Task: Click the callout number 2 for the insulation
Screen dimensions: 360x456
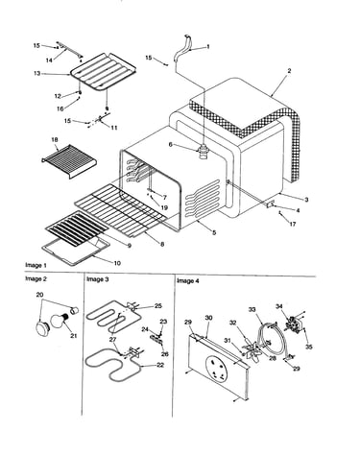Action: (x=289, y=71)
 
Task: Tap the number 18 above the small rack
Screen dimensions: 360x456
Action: (x=55, y=140)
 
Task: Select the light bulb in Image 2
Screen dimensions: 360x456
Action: (x=59, y=321)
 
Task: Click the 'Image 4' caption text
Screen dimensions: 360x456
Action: (x=188, y=281)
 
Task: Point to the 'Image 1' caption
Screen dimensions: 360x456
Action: (x=36, y=265)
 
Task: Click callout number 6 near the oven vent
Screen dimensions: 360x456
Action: (x=171, y=145)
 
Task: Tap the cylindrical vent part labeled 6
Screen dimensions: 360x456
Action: (x=204, y=151)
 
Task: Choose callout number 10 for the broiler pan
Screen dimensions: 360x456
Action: (x=117, y=263)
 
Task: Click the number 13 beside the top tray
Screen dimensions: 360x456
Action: (x=37, y=74)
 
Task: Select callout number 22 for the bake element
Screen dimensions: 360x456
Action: (x=160, y=365)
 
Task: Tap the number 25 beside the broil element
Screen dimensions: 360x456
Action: (x=158, y=305)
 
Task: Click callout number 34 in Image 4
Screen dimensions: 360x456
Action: (x=279, y=306)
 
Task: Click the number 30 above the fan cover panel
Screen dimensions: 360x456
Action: (x=208, y=318)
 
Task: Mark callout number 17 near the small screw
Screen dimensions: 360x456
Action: (x=293, y=224)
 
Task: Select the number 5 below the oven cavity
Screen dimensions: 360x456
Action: (x=214, y=232)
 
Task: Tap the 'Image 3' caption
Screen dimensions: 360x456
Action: (x=98, y=279)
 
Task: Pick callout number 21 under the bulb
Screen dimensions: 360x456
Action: (x=74, y=336)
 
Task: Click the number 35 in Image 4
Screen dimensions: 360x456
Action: (x=308, y=347)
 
